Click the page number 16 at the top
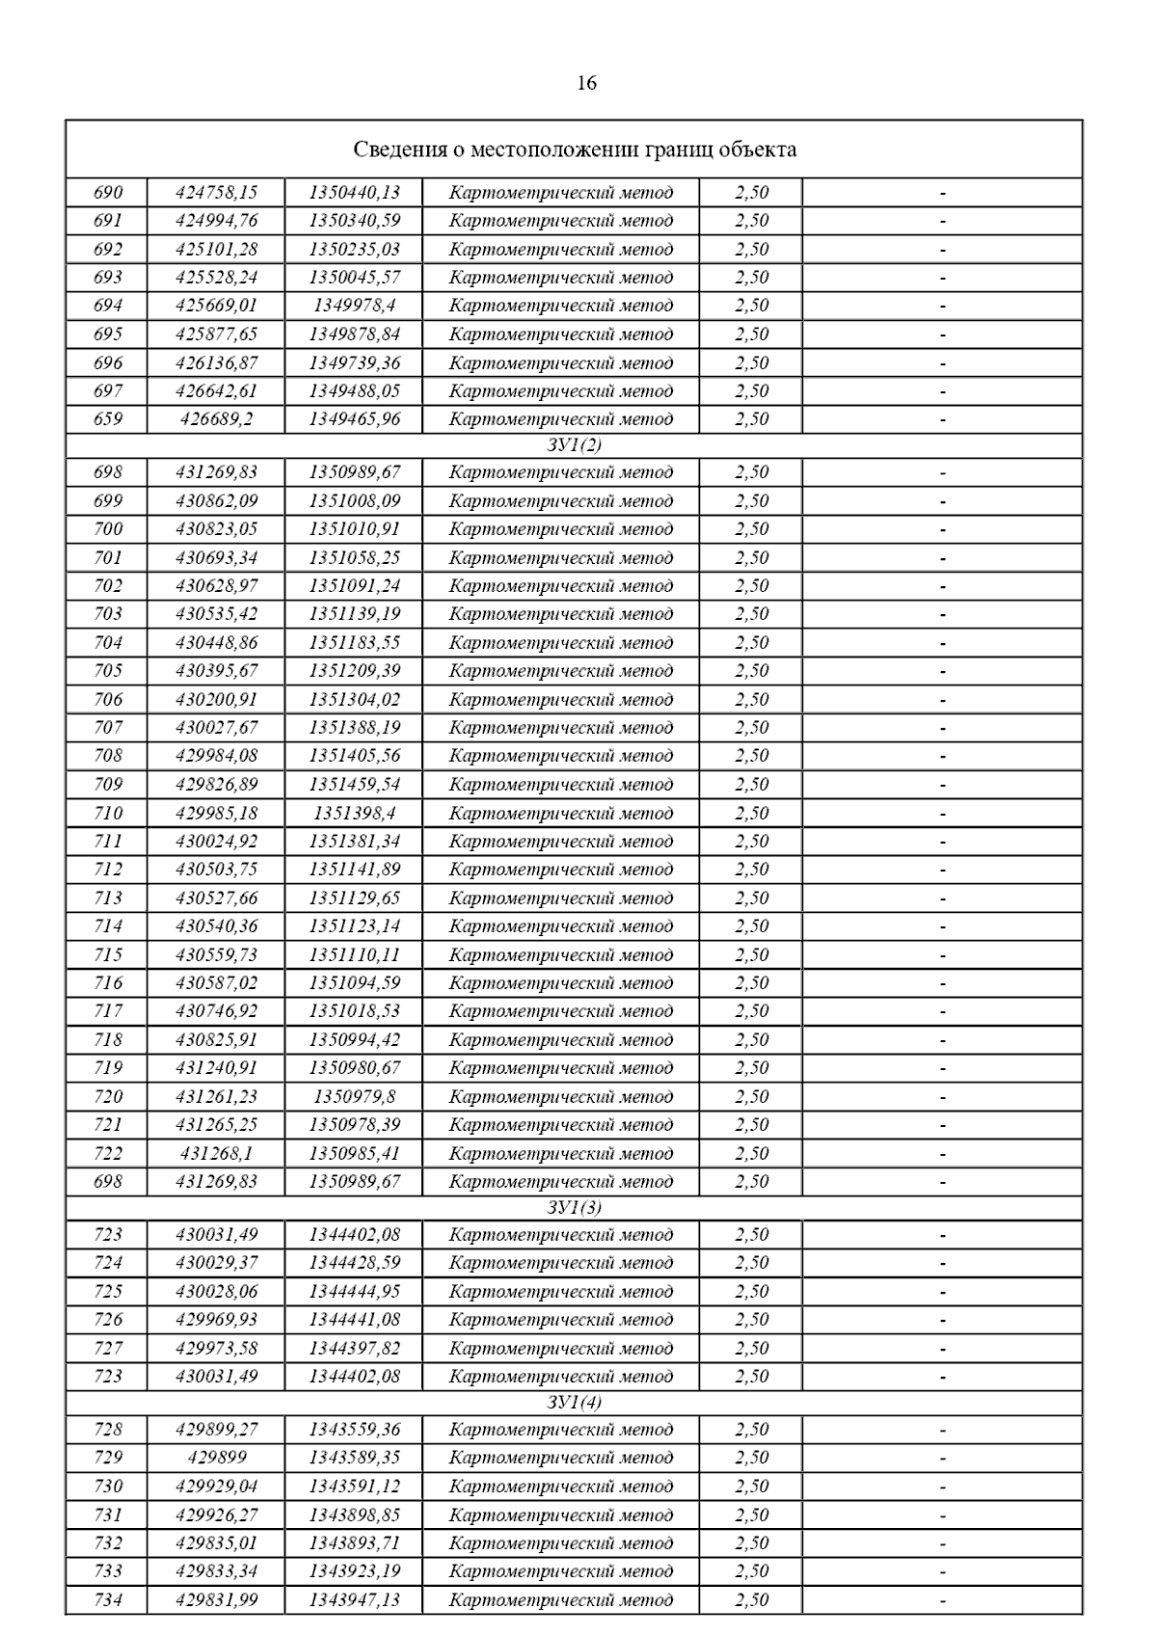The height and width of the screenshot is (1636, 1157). click(586, 83)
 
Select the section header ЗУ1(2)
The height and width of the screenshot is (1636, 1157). click(574, 445)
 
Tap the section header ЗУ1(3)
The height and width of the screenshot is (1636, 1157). click(574, 1208)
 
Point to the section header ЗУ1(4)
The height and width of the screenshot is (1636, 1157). click(574, 1403)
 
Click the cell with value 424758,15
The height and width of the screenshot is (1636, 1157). click(216, 192)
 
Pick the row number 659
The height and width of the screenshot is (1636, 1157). click(108, 419)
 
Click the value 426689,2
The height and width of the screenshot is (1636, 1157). click(216, 419)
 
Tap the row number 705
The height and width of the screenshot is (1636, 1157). click(108, 671)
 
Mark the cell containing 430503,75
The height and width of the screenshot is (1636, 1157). click(216, 870)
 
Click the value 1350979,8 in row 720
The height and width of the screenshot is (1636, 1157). click(354, 1096)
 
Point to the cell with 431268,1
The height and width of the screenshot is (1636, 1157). click(216, 1153)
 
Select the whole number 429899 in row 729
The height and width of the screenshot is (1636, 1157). click(216, 1458)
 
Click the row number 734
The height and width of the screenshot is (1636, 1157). click(108, 1600)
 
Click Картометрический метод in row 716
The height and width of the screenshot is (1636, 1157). click(560, 983)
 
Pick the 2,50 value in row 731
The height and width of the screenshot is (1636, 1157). click(751, 1515)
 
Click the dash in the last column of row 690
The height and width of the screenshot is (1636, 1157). click(942, 193)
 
